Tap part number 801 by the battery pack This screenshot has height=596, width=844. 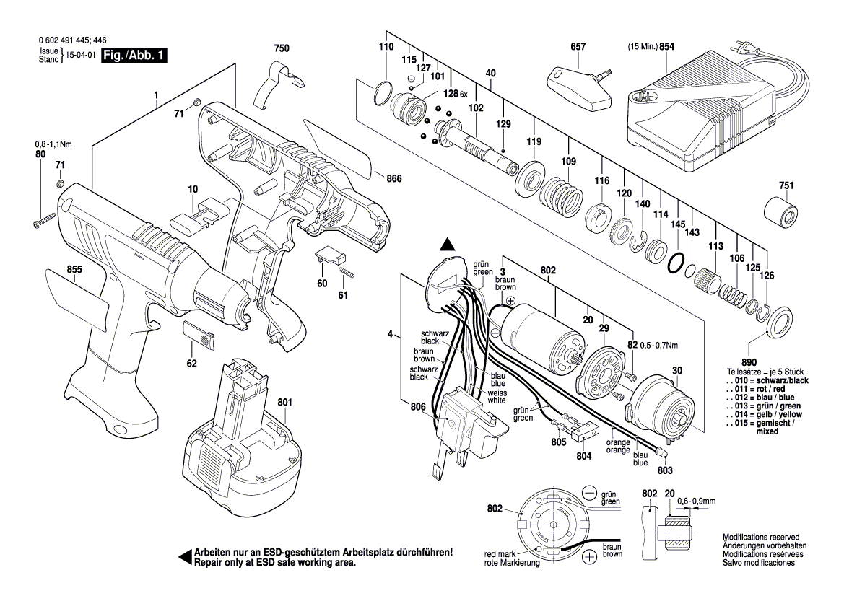284,402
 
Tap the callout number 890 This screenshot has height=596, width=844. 750,361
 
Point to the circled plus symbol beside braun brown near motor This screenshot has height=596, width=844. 510,300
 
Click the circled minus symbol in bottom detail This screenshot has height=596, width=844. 590,494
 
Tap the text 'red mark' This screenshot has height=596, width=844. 499,553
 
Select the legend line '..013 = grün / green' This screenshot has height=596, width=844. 766,406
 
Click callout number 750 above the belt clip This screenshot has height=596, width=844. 282,48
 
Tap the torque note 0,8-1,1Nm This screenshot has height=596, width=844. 39,144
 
